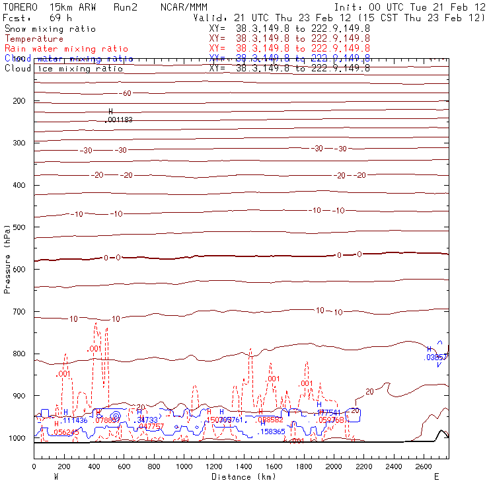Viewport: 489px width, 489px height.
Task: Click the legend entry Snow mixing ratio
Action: point(50,29)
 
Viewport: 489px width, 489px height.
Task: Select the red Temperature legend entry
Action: point(34,39)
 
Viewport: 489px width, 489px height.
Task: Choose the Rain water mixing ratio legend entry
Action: point(66,49)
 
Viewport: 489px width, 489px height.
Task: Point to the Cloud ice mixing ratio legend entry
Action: point(63,69)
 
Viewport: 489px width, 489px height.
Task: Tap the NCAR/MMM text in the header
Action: point(184,7)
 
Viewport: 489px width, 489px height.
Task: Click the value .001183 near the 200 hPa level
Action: point(119,120)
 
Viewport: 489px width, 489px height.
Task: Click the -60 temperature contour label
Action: point(126,93)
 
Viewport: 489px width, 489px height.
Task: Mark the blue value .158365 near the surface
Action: point(272,432)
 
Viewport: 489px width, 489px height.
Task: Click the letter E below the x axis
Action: point(436,476)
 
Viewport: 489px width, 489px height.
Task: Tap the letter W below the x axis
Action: point(56,476)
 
